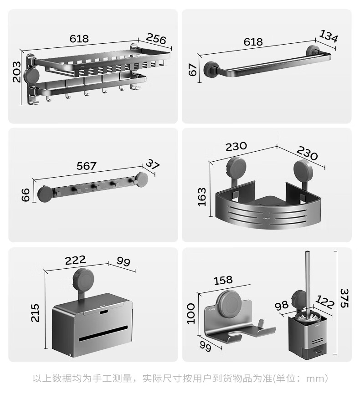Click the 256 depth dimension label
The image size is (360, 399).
tap(156, 38)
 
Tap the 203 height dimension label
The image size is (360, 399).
tap(17, 72)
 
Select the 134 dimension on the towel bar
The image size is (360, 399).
tap(329, 36)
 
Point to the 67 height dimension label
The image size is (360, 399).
tap(193, 70)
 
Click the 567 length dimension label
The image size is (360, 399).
tap(87, 166)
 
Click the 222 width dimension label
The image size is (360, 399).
tap(75, 260)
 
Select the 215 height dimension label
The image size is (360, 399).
tap(35, 313)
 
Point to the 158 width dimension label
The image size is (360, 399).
tap(223, 280)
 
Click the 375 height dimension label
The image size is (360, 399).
tap(344, 298)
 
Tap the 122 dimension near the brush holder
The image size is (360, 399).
tap(324, 302)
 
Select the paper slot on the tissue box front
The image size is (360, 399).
tap(103, 333)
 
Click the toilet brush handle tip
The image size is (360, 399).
tap(308, 252)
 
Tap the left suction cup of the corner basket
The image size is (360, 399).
tap(236, 168)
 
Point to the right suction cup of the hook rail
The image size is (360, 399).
tap(142, 179)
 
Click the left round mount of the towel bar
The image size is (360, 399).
tap(211, 69)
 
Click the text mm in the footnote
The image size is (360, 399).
tap(314, 379)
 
